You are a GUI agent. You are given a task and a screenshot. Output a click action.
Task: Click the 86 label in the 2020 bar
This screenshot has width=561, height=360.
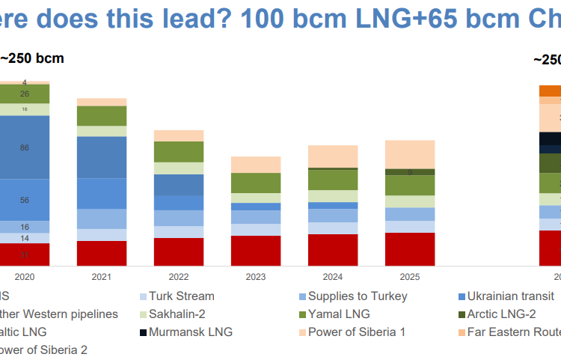point(25,148)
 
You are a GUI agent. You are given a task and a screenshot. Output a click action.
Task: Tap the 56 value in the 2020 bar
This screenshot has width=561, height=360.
point(25,200)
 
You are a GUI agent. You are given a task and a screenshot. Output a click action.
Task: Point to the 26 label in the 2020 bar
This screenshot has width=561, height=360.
point(25,94)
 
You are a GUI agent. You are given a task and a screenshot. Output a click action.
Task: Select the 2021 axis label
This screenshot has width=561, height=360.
point(102,276)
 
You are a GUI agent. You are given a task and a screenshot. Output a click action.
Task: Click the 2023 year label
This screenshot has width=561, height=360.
point(256,276)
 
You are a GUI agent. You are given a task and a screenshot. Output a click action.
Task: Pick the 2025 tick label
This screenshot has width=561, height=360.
point(410,276)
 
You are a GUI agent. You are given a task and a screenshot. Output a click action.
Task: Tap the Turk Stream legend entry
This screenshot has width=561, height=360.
point(181,296)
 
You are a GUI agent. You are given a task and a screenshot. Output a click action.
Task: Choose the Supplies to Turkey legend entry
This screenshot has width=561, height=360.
point(358,296)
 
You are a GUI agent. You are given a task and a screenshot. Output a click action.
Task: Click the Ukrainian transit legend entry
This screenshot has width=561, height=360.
point(510,296)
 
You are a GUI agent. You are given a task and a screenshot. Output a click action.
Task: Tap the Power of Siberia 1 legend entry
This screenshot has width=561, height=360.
point(357,332)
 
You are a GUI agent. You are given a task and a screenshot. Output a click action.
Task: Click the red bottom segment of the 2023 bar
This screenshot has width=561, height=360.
point(256,251)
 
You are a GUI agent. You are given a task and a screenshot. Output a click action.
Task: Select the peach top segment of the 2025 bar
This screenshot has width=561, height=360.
point(410,154)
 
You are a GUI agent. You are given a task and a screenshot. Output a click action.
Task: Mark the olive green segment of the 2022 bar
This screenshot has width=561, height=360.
point(179,152)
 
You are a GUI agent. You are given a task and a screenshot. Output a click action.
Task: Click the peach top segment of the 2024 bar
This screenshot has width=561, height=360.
point(333,156)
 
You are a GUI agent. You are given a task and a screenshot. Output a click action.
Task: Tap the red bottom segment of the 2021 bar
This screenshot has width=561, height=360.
point(102,253)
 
